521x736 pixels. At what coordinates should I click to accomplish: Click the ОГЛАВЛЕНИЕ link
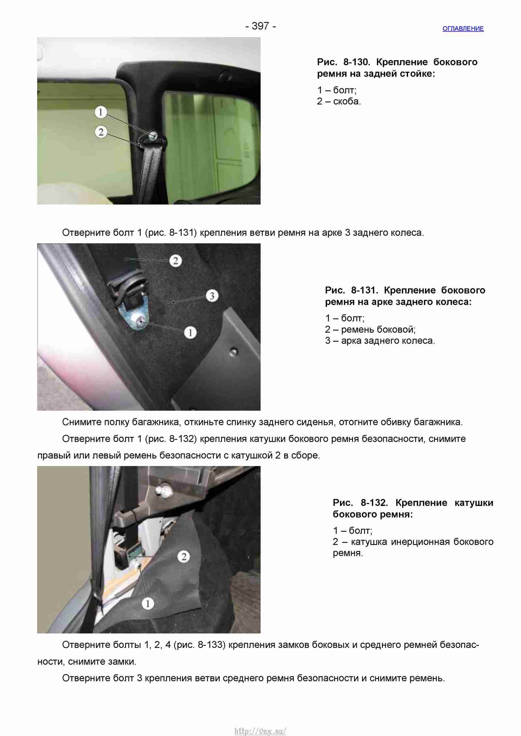tap(463, 29)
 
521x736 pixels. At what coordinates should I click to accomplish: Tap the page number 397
tap(260, 26)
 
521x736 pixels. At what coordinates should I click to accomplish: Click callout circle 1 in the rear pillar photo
tap(101, 112)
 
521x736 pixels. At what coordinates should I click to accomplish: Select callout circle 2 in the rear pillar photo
tap(101, 132)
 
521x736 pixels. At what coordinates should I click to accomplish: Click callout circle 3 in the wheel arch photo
tap(212, 296)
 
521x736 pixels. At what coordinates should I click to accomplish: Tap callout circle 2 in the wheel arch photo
tap(176, 261)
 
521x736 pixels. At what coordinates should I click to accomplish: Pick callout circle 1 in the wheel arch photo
tap(190, 332)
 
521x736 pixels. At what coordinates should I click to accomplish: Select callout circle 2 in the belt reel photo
tap(184, 557)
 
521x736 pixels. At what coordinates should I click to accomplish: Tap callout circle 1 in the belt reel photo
tap(148, 604)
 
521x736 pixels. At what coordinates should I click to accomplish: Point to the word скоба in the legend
tap(347, 102)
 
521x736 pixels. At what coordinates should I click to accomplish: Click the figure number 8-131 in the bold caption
tap(364, 290)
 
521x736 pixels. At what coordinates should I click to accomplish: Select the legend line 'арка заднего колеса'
tap(388, 341)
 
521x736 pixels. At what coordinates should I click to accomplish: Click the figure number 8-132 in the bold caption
tap(374, 503)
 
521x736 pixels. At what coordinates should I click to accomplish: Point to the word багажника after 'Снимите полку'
tap(156, 422)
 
